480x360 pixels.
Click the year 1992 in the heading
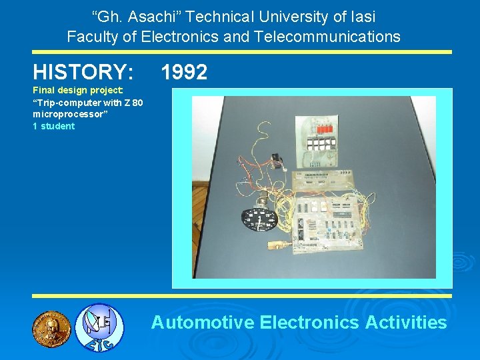point(184,71)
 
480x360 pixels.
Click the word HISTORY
point(83,71)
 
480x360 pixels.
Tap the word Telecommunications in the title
point(326,37)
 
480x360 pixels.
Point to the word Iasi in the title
point(359,16)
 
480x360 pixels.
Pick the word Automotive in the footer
point(203,323)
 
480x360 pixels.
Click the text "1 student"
point(54,126)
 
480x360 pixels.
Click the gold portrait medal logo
point(51,327)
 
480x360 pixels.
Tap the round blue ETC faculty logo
point(98,327)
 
